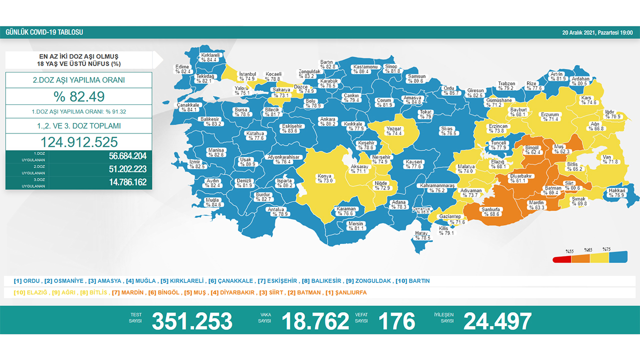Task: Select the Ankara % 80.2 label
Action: tap(328, 121)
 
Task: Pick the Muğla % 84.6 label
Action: tap(212, 202)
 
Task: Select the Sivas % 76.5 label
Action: tap(446, 131)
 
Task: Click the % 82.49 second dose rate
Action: tap(79, 96)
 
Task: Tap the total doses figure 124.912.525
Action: tap(79, 141)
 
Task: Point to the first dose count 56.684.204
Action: tap(127, 155)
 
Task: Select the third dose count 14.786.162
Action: tap(127, 182)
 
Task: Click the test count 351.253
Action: tap(192, 321)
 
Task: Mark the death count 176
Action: tap(397, 321)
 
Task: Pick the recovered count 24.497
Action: tap(497, 321)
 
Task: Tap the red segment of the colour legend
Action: tap(561, 259)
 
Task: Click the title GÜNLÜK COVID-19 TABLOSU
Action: tap(44, 32)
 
